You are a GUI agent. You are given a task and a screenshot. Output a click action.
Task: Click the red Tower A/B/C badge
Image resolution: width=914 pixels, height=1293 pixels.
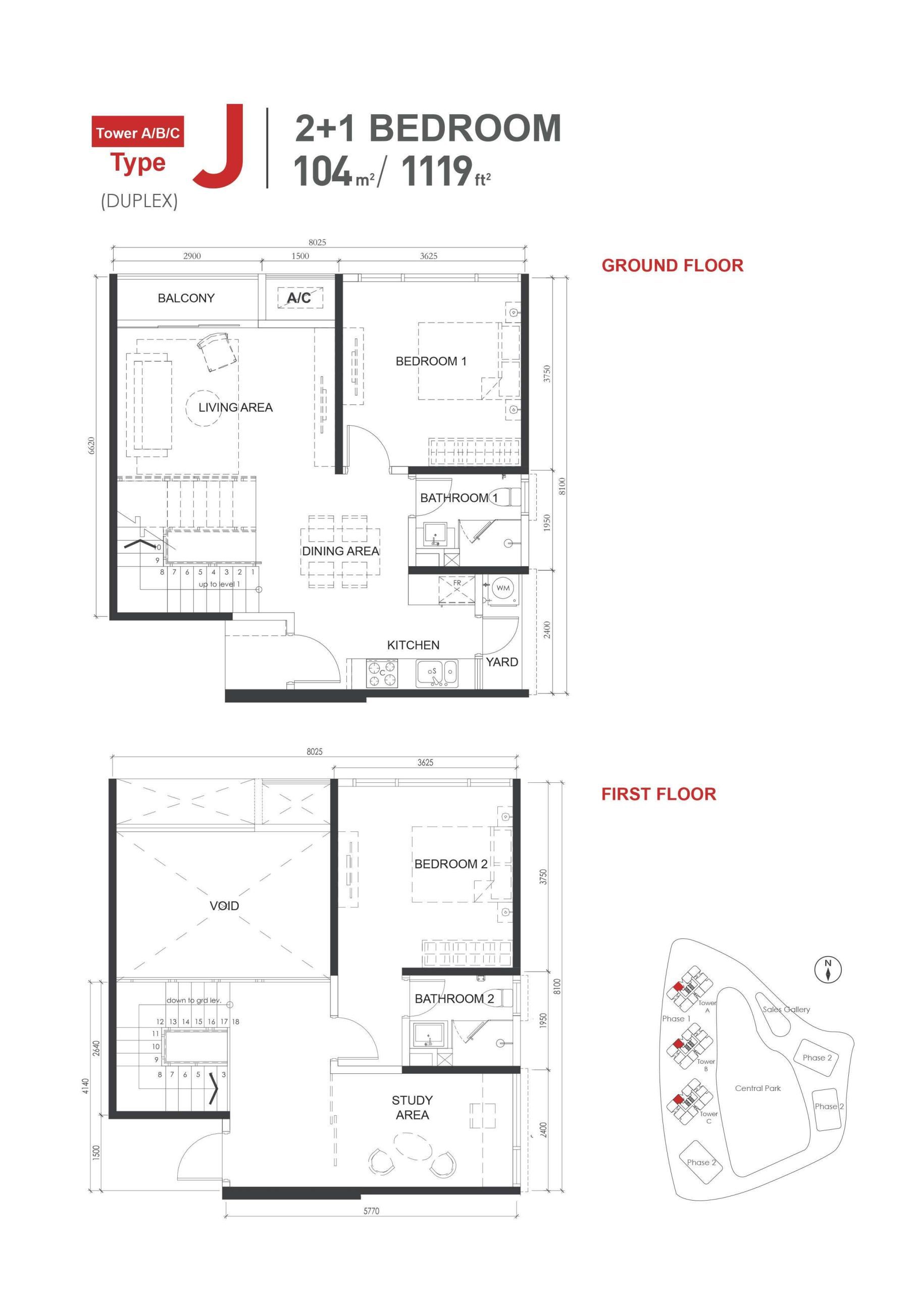(x=137, y=133)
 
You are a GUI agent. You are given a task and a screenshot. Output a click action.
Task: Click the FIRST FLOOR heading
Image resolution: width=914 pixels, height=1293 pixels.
(x=658, y=794)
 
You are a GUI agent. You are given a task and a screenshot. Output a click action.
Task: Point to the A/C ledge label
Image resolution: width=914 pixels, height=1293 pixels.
(x=299, y=298)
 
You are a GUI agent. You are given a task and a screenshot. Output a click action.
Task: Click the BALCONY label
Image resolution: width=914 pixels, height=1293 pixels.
(x=186, y=298)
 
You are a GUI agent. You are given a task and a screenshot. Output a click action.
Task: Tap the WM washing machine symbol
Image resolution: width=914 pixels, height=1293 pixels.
(x=503, y=588)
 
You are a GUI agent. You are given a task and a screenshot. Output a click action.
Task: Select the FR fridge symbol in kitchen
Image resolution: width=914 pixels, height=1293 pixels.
(x=456, y=588)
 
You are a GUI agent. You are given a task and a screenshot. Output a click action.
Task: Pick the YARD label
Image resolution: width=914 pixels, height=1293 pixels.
(x=502, y=662)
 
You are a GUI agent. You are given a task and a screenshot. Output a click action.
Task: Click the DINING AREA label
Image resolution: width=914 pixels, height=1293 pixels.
(x=340, y=552)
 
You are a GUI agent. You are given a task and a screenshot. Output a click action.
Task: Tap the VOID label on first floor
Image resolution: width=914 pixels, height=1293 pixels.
(x=224, y=906)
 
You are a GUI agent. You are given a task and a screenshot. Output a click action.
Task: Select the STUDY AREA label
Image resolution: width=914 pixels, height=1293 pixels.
(x=412, y=1107)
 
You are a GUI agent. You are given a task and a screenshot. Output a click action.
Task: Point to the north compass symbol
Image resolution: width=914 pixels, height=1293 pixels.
(x=828, y=970)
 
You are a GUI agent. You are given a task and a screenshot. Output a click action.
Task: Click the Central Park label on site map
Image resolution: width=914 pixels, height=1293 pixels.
(x=757, y=1088)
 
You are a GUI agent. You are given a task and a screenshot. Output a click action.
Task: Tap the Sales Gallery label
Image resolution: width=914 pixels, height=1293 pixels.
(x=786, y=1010)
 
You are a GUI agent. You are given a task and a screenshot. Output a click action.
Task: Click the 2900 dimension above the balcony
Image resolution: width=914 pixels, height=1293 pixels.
(x=192, y=256)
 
